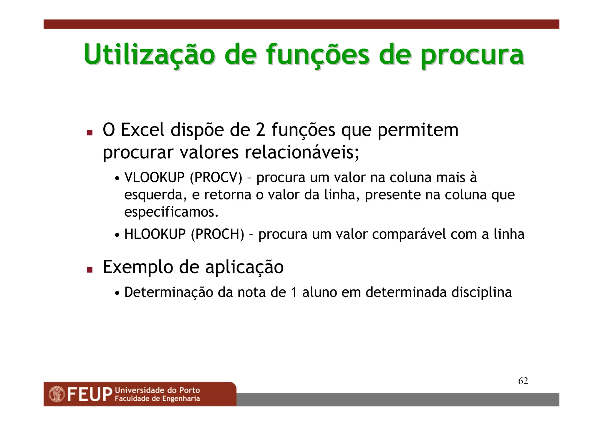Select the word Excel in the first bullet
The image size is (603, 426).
pos(143,130)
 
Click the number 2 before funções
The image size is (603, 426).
pos(260,130)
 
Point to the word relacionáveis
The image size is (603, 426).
pos(302,153)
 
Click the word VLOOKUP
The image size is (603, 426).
pos(154,178)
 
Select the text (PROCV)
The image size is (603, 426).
pos(216,178)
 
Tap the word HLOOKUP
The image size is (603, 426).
pos(155,234)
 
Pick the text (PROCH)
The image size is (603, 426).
pos(218,234)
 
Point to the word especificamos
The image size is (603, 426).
pos(171,212)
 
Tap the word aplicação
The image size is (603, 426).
pos(244,267)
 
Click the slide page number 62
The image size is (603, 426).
pos(523,381)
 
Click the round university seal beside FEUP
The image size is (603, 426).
pos(57,394)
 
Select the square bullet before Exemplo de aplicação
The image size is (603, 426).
pos(90,270)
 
